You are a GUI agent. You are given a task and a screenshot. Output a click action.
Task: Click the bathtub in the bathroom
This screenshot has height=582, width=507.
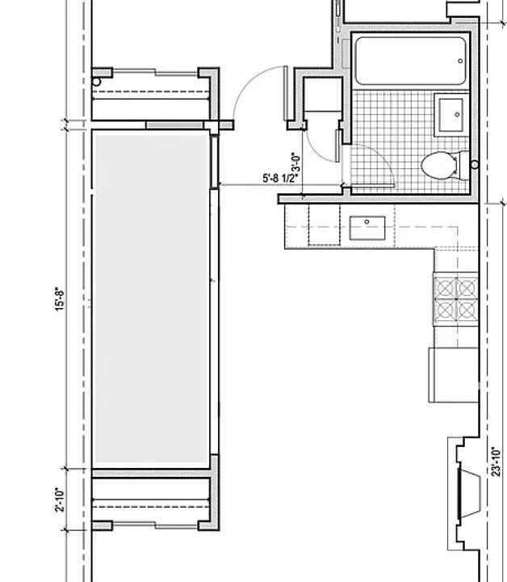point(410,61)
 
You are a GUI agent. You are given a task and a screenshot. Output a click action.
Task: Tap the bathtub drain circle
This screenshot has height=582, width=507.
point(460,59)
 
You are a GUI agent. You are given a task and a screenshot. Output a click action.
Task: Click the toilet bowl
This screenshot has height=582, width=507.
point(441,165)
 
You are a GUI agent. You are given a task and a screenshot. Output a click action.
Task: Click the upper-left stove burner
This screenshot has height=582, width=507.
point(445,285)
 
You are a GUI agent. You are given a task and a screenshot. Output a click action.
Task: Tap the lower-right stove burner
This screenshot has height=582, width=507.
point(467,308)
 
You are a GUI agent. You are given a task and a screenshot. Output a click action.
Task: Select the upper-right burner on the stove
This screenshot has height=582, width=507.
point(467,285)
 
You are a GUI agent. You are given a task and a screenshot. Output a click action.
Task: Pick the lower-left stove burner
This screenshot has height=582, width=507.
point(445,308)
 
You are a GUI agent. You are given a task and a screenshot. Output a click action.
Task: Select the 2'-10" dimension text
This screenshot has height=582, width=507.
point(59,499)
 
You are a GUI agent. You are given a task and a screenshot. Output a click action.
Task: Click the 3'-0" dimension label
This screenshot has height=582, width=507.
point(295,166)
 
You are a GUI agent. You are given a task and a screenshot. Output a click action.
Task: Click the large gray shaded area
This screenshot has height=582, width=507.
point(151,299)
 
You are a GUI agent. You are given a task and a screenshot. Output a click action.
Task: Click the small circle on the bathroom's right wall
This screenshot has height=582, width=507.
point(474,165)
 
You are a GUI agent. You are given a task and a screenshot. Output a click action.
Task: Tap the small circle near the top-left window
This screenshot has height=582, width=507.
point(97,82)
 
